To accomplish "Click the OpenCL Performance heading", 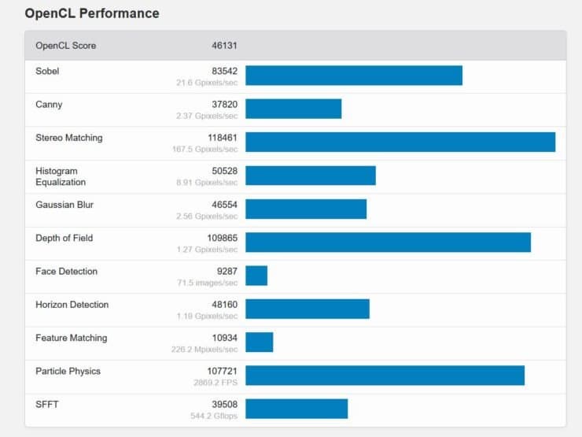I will tap(92, 13).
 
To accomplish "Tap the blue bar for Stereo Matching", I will tap(400, 142).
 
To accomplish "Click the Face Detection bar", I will tap(256, 276).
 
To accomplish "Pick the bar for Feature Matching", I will tap(260, 342).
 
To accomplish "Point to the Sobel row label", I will tap(47, 71).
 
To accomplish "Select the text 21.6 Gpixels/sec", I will tap(207, 83).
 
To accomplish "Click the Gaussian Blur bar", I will tap(306, 209).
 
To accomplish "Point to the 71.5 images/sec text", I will tap(210, 283).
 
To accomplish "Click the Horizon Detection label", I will tap(72, 305).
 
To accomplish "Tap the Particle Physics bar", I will tap(385, 376).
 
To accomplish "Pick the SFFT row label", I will tap(47, 405).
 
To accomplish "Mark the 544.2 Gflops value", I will tap(213, 416).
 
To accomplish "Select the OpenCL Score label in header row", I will tap(65, 46).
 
